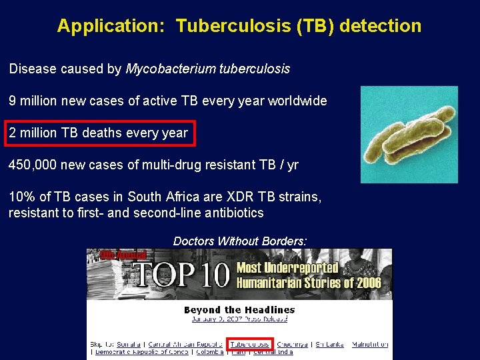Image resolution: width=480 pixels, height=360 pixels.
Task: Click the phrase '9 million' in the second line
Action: pos(31,101)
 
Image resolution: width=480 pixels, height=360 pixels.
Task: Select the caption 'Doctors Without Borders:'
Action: pos(240,241)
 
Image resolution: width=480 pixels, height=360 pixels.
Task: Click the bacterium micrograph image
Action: pos(409,135)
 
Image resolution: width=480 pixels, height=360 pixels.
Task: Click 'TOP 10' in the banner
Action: pos(181,274)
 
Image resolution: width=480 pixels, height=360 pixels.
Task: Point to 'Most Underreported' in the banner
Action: pos(288,267)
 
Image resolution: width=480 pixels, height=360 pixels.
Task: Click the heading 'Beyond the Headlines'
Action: pos(239,309)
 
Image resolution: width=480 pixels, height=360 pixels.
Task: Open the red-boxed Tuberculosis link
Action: pos(250,344)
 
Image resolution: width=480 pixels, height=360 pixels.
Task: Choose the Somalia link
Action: pos(130,344)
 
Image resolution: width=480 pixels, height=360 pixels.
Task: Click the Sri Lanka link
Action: pos(329,344)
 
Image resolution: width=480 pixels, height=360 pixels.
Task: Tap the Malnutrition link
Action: pos(370,344)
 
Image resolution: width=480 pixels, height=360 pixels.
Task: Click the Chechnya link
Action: pos(292,344)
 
